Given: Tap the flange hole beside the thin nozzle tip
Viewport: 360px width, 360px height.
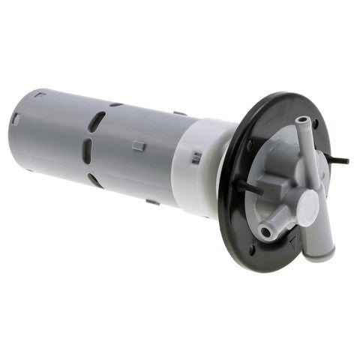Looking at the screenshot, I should point(316,123).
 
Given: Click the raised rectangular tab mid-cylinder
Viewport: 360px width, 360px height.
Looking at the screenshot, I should point(139,145).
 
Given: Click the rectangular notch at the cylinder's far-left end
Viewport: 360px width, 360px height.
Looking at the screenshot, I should point(15,118).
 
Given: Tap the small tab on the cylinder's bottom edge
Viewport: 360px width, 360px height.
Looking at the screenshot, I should point(151,201).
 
